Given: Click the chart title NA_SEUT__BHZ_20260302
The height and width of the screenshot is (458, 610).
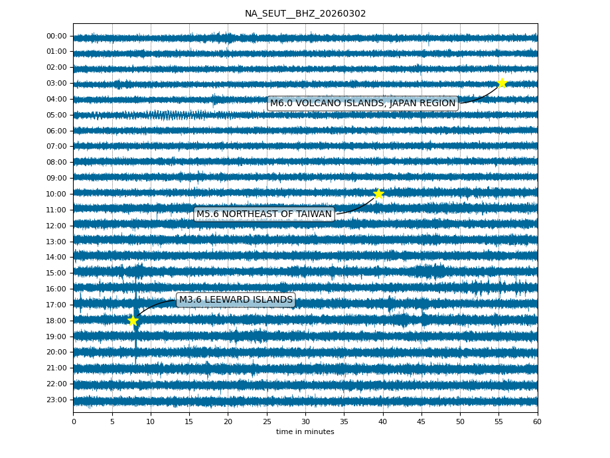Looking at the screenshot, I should click(305, 14).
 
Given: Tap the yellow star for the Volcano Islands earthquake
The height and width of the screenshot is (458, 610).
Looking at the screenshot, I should click(502, 83).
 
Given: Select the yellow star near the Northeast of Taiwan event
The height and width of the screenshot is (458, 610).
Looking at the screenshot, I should click(378, 194).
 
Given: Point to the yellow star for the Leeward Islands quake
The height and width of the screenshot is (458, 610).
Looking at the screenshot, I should click(133, 321).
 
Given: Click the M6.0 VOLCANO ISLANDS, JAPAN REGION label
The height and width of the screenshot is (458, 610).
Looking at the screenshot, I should click(362, 104).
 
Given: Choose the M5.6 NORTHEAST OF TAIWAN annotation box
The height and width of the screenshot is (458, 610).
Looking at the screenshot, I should click(264, 214).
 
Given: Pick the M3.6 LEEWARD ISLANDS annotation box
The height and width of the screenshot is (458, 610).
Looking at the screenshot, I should click(236, 300).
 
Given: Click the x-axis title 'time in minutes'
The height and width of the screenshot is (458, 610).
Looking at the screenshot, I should click(305, 432).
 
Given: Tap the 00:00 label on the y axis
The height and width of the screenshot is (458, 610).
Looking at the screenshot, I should click(57, 37).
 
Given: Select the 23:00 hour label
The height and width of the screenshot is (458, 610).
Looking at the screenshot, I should click(57, 400).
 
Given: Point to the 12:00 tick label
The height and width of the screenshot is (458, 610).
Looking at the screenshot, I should click(57, 226).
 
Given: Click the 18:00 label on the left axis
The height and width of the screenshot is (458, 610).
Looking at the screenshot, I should click(57, 321).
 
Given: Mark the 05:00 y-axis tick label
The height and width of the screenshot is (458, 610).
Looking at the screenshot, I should click(57, 115).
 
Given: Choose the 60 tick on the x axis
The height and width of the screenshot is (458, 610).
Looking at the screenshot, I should click(537, 421).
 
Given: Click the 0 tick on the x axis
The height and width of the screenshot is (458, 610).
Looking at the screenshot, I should click(74, 421).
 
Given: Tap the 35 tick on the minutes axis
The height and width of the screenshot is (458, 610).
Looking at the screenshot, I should click(344, 421).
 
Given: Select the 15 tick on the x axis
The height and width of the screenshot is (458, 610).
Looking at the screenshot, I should click(189, 421).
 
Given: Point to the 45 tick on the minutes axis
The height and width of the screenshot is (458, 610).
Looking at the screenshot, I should click(421, 421).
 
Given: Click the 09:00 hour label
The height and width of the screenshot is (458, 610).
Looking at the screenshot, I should click(57, 178).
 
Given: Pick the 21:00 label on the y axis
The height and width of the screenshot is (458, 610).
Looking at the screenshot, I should click(57, 368).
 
